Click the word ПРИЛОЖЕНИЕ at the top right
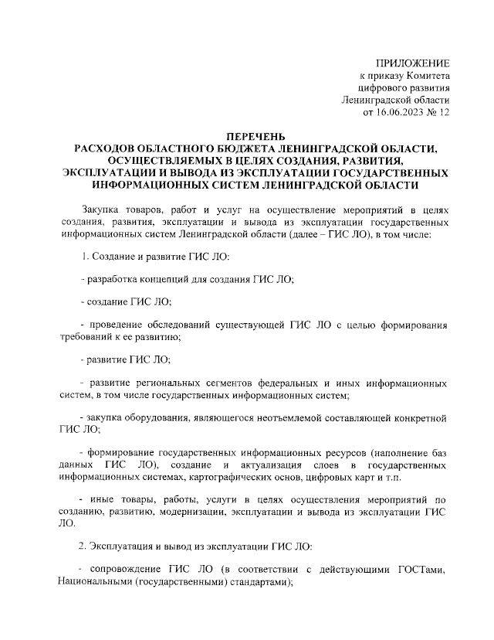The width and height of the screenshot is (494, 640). [x=412, y=62]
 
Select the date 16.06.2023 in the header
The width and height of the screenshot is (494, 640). [x=403, y=112]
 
